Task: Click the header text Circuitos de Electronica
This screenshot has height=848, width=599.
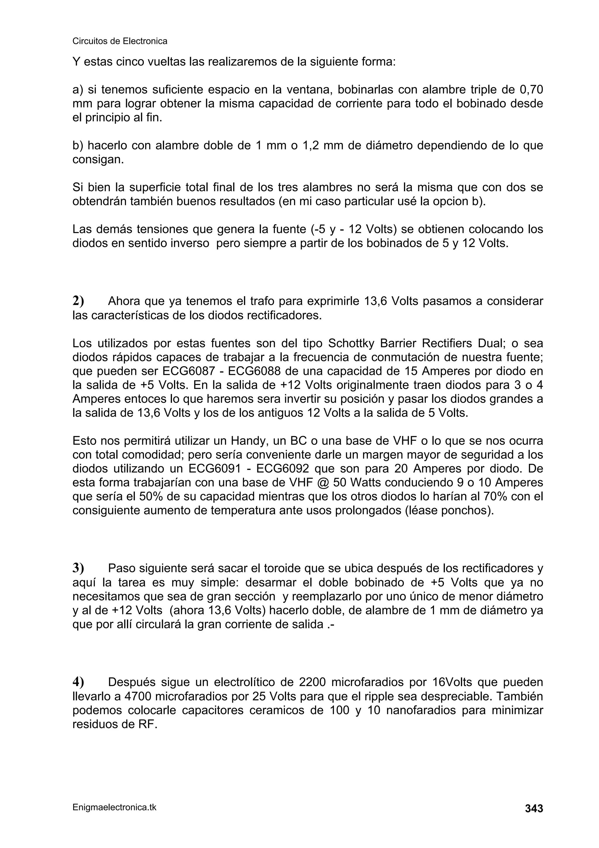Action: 120,41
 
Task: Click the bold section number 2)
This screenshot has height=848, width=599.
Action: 78,301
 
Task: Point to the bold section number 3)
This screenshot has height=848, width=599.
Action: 78,567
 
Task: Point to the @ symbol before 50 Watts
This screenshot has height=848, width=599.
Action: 322,483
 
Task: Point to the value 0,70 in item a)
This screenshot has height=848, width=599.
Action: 531,90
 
